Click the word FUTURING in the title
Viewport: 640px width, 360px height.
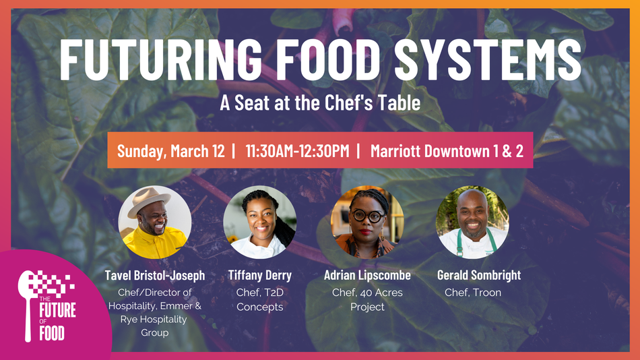tap(161, 59)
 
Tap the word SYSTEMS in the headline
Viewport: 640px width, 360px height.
tap(488, 59)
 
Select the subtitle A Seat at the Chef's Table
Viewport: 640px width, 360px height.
tap(320, 102)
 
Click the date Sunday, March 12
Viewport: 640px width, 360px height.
tap(170, 151)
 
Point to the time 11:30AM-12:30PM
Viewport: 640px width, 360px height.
tap(297, 151)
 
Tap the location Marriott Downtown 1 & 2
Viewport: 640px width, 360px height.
tap(447, 151)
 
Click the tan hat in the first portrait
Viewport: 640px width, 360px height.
tap(149, 201)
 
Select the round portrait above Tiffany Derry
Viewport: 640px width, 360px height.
tap(259, 222)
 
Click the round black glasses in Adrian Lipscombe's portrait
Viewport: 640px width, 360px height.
tap(368, 216)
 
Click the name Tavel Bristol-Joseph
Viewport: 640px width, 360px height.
tap(155, 276)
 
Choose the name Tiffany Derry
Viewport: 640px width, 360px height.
tap(259, 276)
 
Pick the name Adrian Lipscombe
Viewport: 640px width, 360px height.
tap(367, 276)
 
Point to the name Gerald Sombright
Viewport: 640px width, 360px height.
tap(479, 276)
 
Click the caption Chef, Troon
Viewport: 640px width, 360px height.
tap(473, 293)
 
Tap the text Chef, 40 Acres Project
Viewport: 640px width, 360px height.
tap(367, 299)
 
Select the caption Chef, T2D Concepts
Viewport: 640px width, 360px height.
tap(259, 299)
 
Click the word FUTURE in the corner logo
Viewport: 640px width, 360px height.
tap(57, 310)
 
